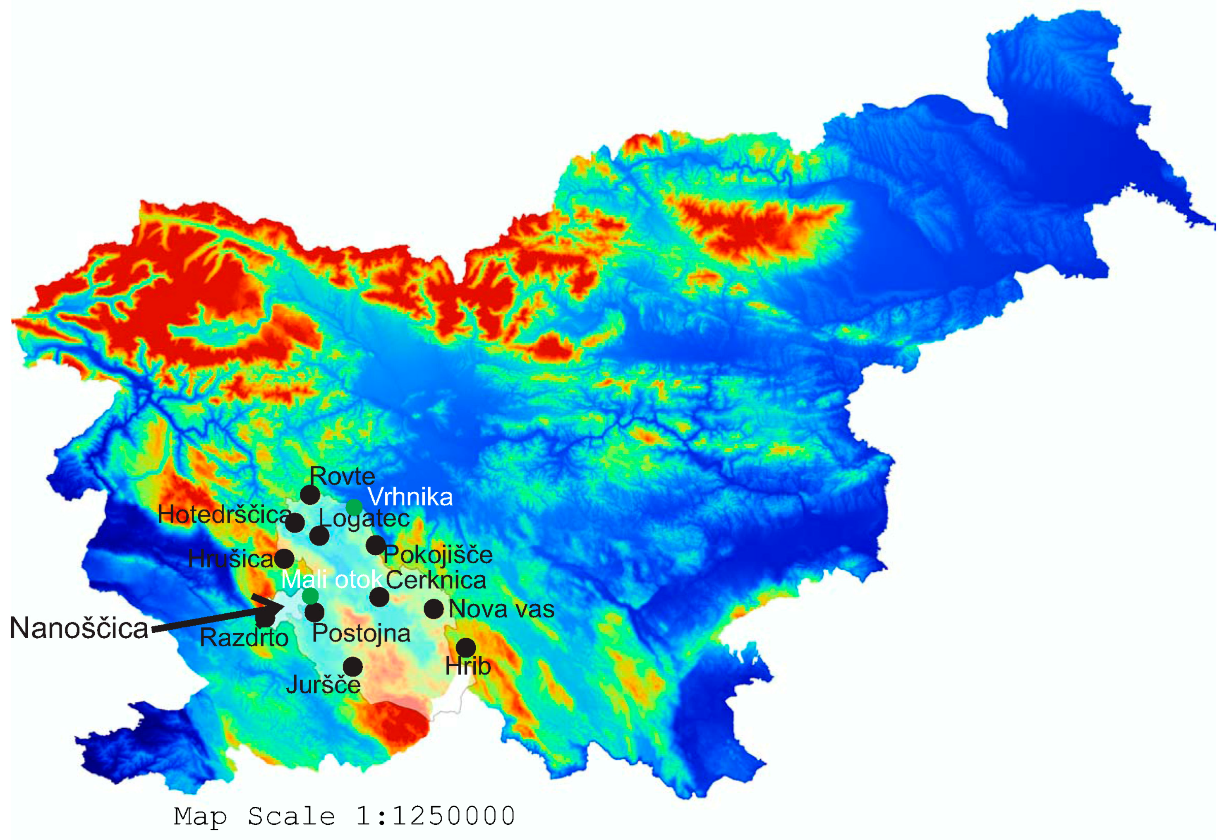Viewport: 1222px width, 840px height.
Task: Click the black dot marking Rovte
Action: tap(310, 495)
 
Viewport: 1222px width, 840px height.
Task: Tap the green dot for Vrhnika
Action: tap(354, 507)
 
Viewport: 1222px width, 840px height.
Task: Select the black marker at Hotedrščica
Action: tap(295, 523)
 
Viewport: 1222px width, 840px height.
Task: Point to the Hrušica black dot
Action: tap(284, 559)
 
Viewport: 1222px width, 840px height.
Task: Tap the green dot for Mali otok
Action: tap(310, 596)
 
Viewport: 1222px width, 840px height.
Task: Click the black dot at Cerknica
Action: tap(379, 597)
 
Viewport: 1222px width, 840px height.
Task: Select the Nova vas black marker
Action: tap(434, 609)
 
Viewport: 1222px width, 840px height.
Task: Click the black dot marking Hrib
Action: tap(465, 647)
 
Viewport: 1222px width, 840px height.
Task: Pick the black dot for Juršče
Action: tap(353, 666)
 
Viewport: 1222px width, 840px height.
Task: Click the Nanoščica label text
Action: tap(79, 628)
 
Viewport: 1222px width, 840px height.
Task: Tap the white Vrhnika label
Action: tap(410, 497)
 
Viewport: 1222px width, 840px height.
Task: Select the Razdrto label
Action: tap(244, 638)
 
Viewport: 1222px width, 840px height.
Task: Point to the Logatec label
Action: tap(364, 518)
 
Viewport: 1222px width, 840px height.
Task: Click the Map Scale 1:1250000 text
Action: tap(345, 816)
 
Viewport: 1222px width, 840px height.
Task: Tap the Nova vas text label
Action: tap(501, 609)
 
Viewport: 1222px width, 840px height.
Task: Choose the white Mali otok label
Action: tap(331, 579)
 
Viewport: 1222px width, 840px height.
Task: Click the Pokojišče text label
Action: tap(438, 555)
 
